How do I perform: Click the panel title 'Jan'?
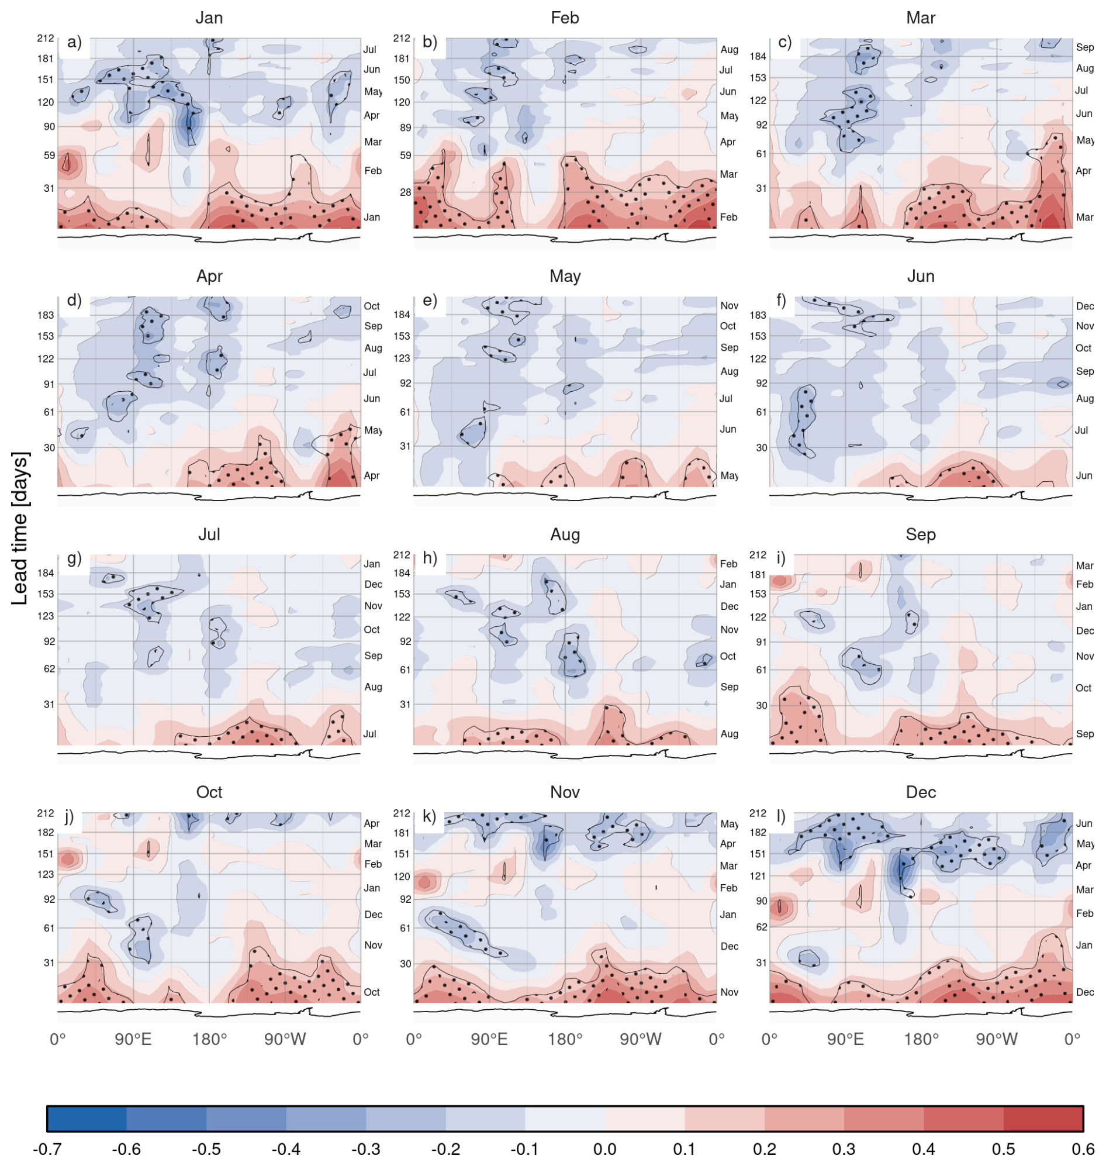tap(209, 18)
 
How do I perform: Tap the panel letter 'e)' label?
tap(430, 300)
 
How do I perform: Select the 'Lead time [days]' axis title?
tap(19, 529)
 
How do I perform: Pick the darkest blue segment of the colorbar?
tap(87, 1119)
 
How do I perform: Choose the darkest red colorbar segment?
tap(1043, 1119)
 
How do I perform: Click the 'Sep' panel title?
tap(920, 534)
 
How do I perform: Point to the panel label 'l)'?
tap(781, 816)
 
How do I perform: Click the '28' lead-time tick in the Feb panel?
tap(405, 192)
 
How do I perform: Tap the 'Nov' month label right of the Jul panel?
tap(372, 606)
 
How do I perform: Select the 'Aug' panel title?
tap(565, 534)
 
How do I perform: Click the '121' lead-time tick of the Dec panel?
tap(758, 876)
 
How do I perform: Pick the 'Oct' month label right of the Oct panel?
tap(371, 992)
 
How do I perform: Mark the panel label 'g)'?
tap(74, 558)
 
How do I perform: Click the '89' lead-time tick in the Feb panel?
tap(405, 127)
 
